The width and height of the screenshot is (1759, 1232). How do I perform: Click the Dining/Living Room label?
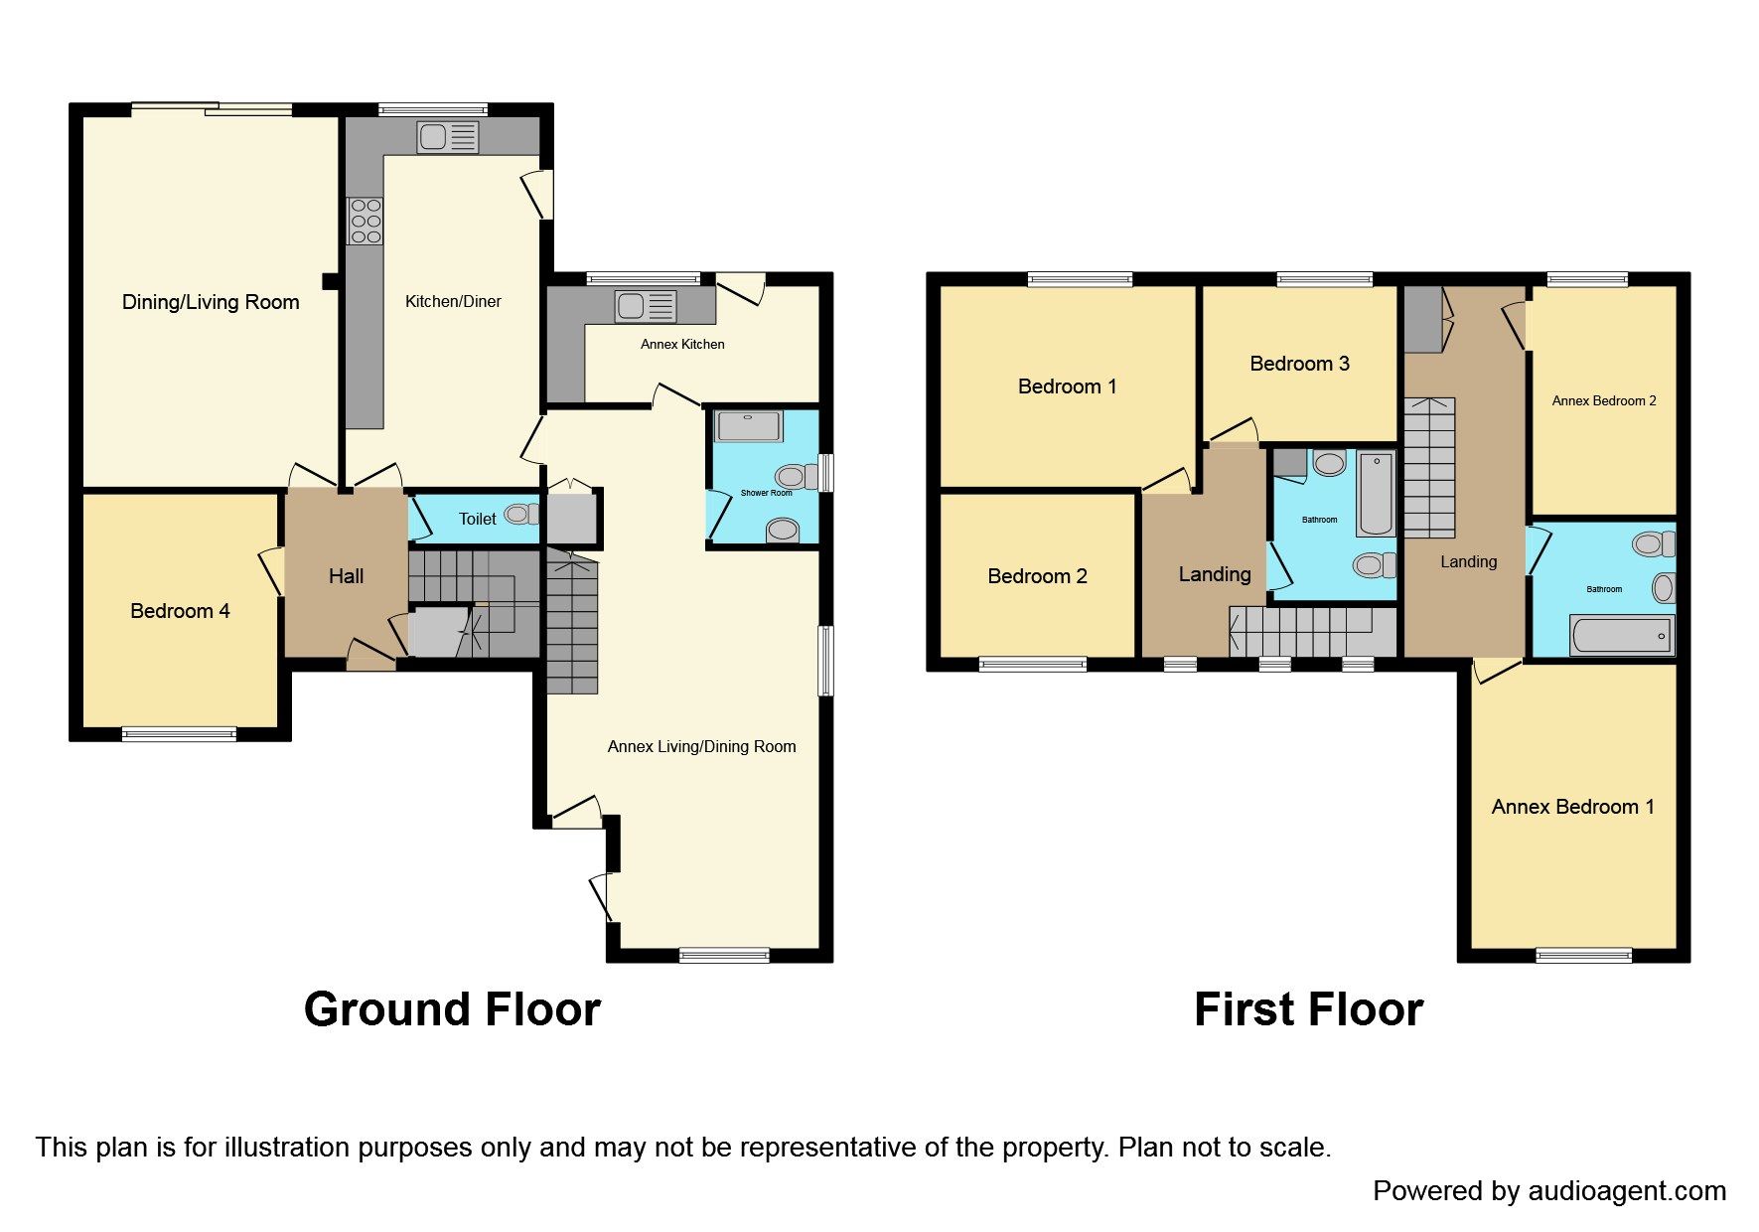[x=211, y=302]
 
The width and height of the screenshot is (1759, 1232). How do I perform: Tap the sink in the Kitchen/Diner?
[x=448, y=137]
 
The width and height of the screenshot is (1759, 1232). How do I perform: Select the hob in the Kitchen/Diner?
[x=365, y=222]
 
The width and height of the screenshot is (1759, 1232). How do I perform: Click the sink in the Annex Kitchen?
[x=646, y=306]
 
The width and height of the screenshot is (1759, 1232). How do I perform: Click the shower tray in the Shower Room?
[x=749, y=426]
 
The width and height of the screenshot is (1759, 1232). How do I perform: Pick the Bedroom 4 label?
[x=180, y=611]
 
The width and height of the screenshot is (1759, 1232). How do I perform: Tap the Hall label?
[x=346, y=576]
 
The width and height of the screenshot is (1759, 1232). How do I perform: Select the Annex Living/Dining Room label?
[x=701, y=746]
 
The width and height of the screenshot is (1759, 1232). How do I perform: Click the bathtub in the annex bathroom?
[x=1620, y=635]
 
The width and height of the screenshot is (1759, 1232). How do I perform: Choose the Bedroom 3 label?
[x=1299, y=364]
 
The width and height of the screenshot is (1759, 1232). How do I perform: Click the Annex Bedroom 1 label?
[x=1572, y=807]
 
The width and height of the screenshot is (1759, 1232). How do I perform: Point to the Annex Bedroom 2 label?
[x=1603, y=401]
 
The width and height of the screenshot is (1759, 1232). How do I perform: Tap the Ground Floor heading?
[x=452, y=1009]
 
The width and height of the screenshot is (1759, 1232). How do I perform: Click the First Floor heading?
[x=1308, y=1009]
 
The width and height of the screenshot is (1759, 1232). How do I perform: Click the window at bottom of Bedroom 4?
[x=179, y=735]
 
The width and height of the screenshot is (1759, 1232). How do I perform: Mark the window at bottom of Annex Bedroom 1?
[x=1583, y=956]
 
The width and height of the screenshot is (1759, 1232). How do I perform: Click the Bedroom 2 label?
[x=1037, y=576]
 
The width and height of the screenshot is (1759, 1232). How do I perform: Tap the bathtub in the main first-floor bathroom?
[x=1376, y=494]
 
